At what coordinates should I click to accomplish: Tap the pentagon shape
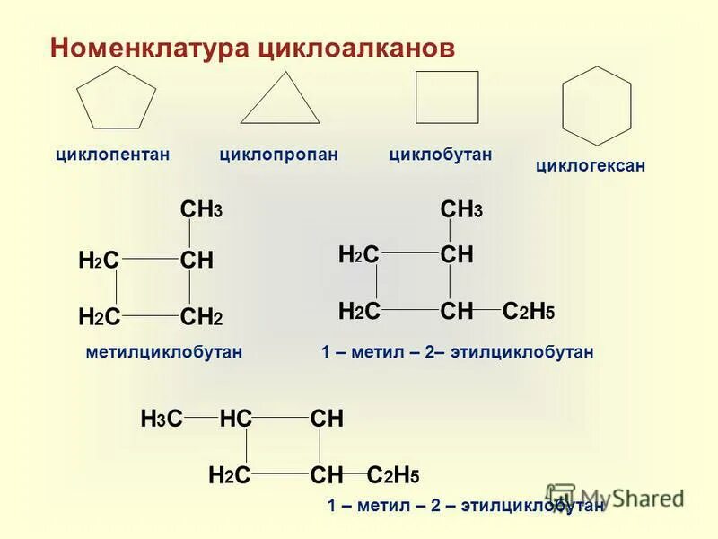pos(117,99)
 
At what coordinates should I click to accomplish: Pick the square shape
pos(447,97)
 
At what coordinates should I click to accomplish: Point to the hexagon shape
pos(596,105)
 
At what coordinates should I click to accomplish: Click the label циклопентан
pos(112,155)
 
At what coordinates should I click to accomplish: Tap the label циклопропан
pos(278,155)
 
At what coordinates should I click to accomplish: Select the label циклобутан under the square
pos(440,155)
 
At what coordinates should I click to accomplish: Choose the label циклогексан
pos(590,165)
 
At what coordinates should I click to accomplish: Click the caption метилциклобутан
pos(163,352)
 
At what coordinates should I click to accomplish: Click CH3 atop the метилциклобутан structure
pos(201,210)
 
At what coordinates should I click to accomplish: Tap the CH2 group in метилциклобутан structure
pos(201,316)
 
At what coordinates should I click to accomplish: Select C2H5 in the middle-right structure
pos(529,312)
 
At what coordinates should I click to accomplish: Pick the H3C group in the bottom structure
pos(162,419)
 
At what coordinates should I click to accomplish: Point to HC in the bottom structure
pos(235,419)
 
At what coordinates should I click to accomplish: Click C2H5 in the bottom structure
pos(393,475)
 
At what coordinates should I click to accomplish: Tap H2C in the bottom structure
pos(228,475)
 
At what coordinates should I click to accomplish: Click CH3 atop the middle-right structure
pos(461,210)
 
